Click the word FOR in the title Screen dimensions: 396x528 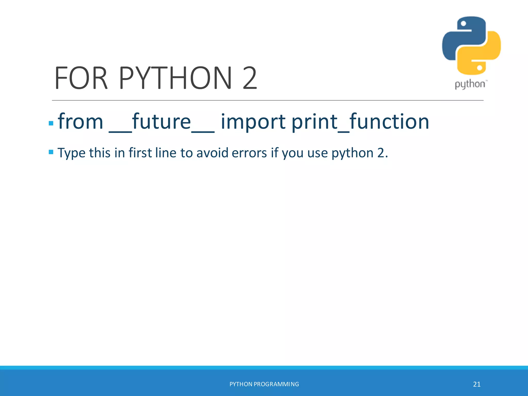click(81, 78)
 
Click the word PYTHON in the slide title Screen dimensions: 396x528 click(175, 78)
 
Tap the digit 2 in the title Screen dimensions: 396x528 click(250, 78)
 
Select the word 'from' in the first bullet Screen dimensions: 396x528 click(80, 121)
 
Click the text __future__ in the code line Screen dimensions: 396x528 click(162, 122)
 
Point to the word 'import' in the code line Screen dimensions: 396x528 click(253, 122)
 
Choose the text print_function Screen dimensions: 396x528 click(360, 122)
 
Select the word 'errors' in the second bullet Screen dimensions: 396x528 click(249, 153)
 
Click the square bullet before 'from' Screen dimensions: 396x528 click(51, 123)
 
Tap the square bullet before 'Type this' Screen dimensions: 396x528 click(51, 152)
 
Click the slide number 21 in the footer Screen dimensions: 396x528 click(477, 384)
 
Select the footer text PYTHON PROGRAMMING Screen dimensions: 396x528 click(264, 384)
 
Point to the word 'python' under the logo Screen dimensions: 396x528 click(470, 84)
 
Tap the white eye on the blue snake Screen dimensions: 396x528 click(463, 24)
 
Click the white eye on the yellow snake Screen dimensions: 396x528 click(480, 68)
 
